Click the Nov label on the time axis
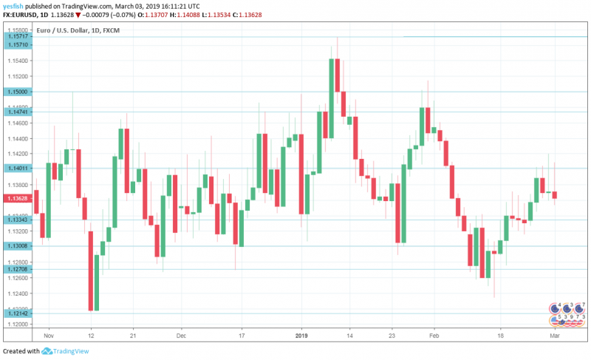click(x=49, y=335)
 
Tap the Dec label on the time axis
click(x=181, y=335)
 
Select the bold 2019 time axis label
click(x=301, y=335)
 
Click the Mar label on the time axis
click(x=554, y=335)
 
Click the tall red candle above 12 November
click(x=90, y=271)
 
